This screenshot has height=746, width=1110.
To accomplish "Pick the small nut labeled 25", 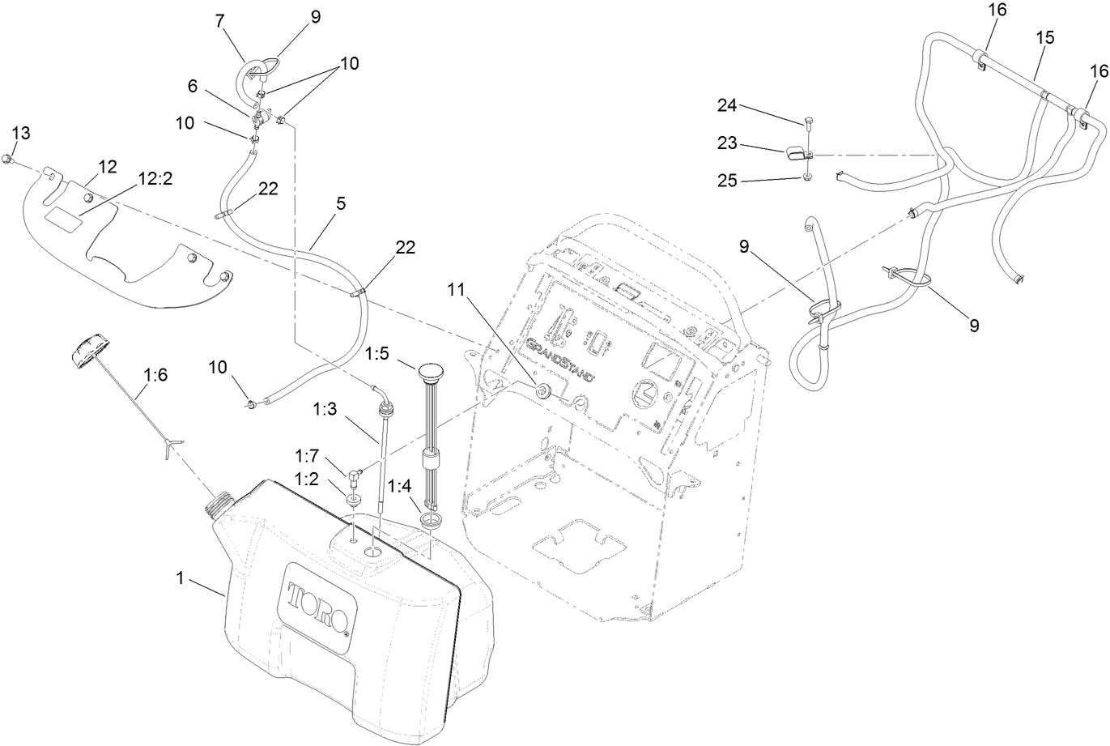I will click(x=809, y=177).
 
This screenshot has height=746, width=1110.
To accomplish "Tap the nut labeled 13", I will click(x=6, y=157).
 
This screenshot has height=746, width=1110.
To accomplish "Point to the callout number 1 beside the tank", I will click(x=181, y=578).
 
